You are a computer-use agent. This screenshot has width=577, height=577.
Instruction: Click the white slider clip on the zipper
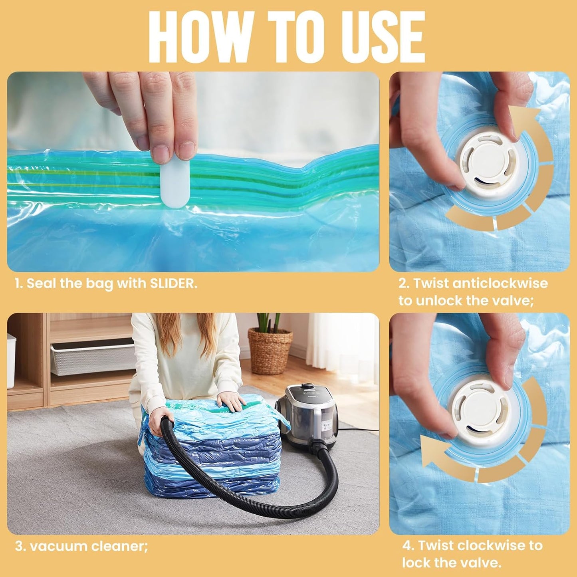(175, 184)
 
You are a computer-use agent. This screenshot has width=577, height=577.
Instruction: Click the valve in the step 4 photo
(481, 411)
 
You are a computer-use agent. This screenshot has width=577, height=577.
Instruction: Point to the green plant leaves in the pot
(268, 322)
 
